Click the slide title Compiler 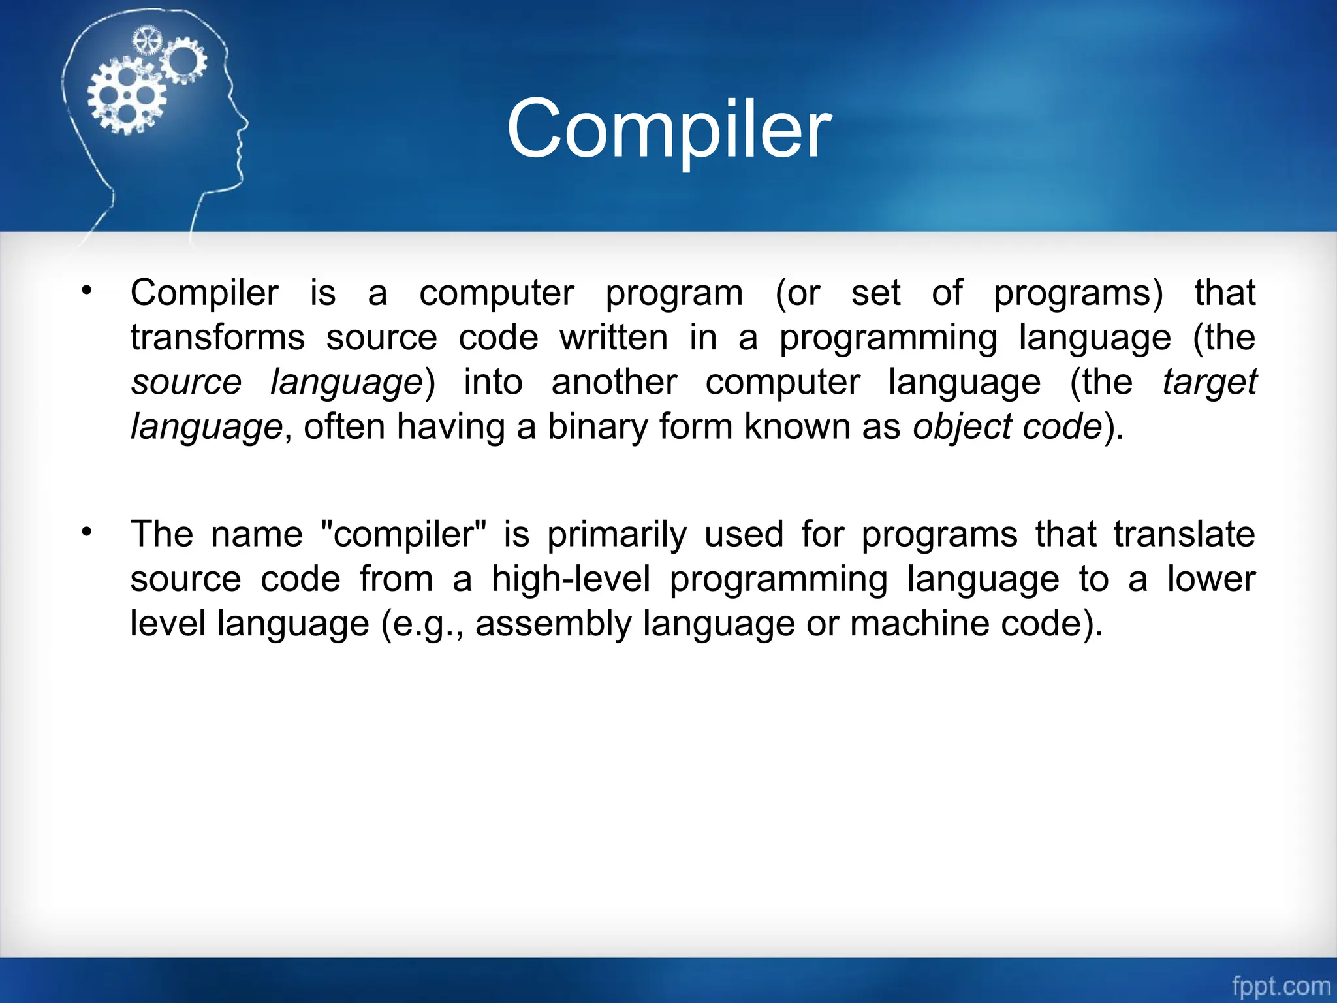pos(668,129)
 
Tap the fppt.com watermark pos(1280,985)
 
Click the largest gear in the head pos(127,96)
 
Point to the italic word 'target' pos(1209,382)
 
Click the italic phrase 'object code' pos(1007,427)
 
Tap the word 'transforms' pos(217,338)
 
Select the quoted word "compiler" pos(405,534)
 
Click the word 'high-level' pos(571,579)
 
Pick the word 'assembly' pos(553,624)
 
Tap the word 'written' pos(614,338)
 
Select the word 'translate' pos(1184,534)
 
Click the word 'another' pos(614,382)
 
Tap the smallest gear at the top pos(147,41)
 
